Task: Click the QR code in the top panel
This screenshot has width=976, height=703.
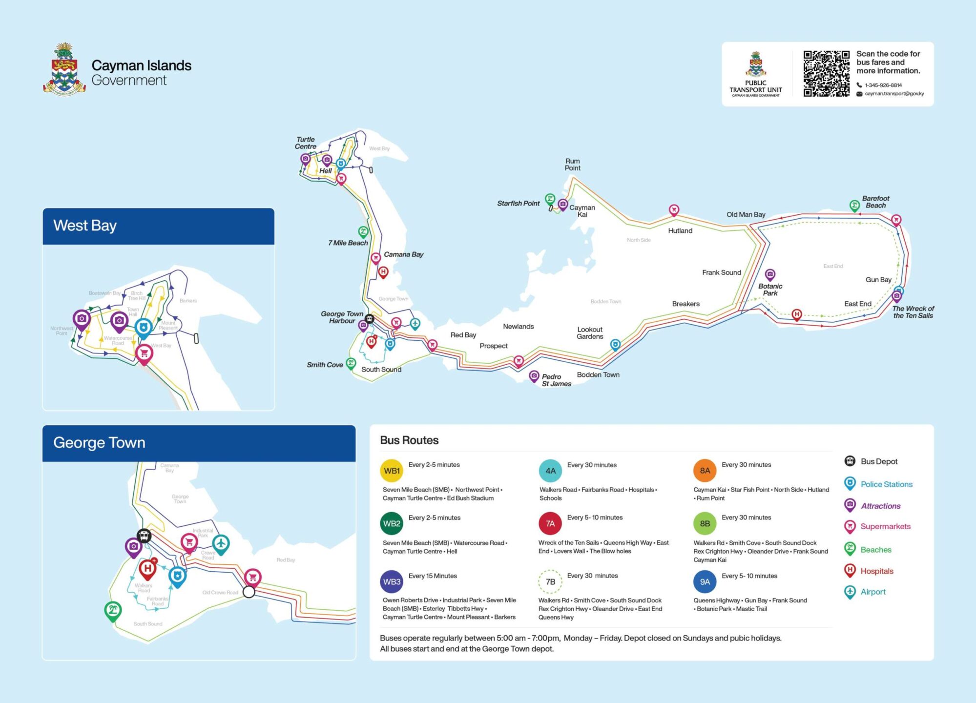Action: pyautogui.click(x=826, y=74)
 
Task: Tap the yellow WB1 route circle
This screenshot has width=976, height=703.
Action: pyautogui.click(x=392, y=471)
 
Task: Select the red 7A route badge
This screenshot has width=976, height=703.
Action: pyautogui.click(x=550, y=523)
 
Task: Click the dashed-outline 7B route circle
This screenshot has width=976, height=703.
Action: pyautogui.click(x=550, y=581)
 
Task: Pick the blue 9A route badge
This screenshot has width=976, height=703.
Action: pyautogui.click(x=705, y=581)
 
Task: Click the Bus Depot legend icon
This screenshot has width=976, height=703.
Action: pyautogui.click(x=850, y=461)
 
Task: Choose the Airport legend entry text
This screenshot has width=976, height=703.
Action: pyautogui.click(x=872, y=592)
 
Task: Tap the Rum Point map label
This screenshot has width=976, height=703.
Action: pyautogui.click(x=572, y=165)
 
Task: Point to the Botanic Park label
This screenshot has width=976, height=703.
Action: pyautogui.click(x=770, y=289)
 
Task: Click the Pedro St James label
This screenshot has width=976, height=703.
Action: pyautogui.click(x=556, y=380)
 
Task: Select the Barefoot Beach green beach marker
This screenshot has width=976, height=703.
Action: pyautogui.click(x=854, y=205)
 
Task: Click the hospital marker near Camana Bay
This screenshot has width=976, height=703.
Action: pyautogui.click(x=383, y=272)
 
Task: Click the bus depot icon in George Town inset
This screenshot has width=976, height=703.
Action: pyautogui.click(x=144, y=536)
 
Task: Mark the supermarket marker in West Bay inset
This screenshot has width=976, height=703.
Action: pyautogui.click(x=144, y=353)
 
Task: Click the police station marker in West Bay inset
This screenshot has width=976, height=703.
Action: pyautogui.click(x=144, y=327)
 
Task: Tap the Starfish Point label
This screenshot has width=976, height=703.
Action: pyautogui.click(x=518, y=203)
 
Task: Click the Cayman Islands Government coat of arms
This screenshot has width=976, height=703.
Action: pyautogui.click(x=64, y=69)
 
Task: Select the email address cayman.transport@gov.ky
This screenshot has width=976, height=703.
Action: pyautogui.click(x=894, y=94)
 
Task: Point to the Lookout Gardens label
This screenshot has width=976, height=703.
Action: pyautogui.click(x=589, y=332)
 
